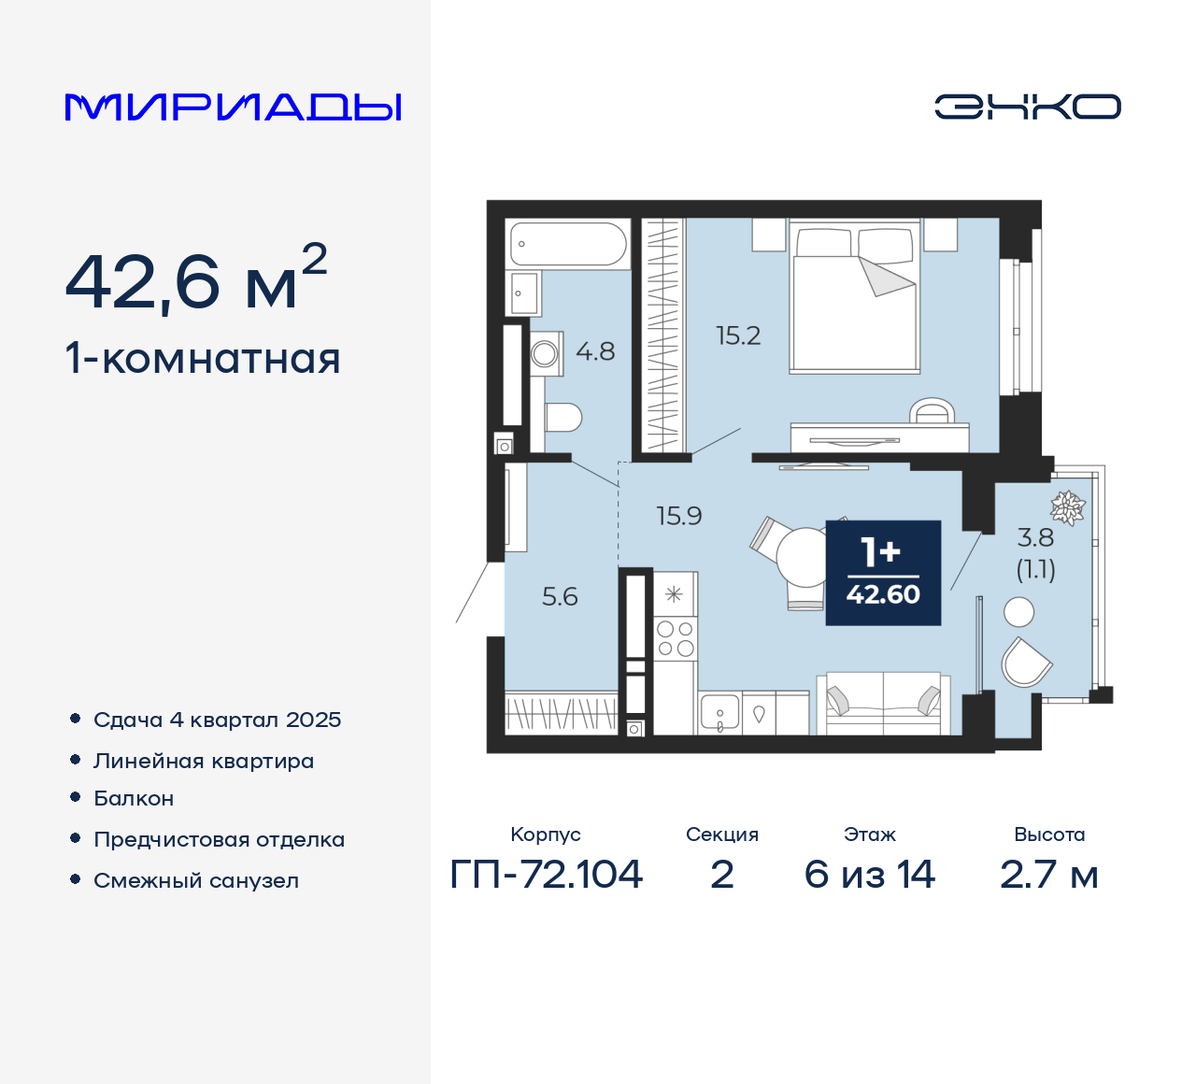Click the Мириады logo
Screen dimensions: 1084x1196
coord(233,107)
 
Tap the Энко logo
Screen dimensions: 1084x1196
coord(1027,107)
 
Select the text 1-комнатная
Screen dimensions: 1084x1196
coord(203,359)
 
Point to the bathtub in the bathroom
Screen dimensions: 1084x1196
coord(567,245)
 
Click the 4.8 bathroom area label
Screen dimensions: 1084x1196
coord(595,351)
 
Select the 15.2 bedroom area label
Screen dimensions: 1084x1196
coord(738,335)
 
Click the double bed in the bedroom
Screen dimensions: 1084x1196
coord(855,297)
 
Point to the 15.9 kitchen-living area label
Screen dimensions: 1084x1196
coord(678,516)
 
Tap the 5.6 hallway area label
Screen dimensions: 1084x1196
coord(560,596)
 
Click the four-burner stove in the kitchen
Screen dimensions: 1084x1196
coord(675,638)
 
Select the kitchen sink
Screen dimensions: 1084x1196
coord(719,714)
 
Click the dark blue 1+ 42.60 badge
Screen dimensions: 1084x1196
coord(883,573)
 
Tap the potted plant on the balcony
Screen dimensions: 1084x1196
coord(1067,507)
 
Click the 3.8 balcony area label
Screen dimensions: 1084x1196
coord(1035,538)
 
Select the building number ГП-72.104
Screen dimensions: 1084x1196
coord(546,875)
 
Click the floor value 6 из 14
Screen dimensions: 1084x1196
coord(869,875)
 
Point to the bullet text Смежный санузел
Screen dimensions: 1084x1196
coord(196,880)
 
